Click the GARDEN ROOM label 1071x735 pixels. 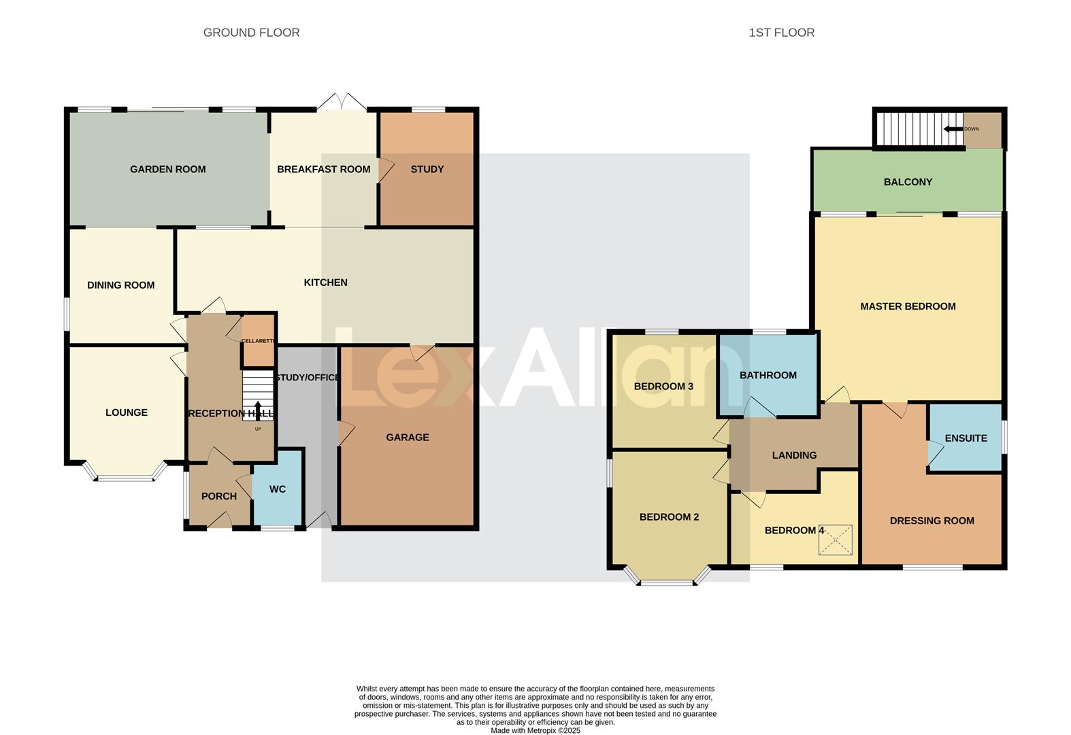tap(167, 169)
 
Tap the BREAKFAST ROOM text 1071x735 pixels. tap(323, 169)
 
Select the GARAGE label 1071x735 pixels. tap(407, 438)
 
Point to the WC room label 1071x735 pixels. tap(277, 489)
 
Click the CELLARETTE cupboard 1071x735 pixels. tap(259, 340)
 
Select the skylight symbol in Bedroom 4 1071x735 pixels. tap(835, 540)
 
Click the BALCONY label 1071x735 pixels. tap(908, 182)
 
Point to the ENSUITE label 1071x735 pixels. tap(966, 438)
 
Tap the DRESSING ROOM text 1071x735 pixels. tap(932, 521)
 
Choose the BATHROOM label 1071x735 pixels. tap(768, 376)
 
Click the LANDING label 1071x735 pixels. tap(794, 455)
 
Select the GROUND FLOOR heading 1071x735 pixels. tap(251, 33)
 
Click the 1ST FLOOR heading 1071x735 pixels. tap(781, 33)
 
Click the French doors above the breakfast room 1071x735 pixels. tap(342, 102)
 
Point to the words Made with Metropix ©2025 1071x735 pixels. tap(535, 730)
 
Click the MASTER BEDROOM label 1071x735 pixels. tap(908, 307)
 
